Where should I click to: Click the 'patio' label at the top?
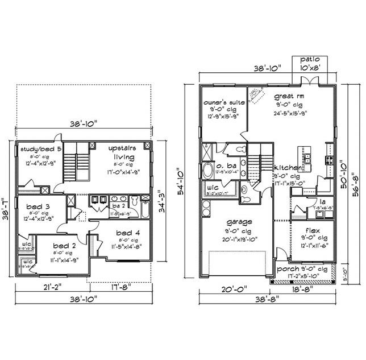[310, 59]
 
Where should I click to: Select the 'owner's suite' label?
[224, 102]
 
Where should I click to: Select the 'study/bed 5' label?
[40, 150]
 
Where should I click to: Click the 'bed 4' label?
[125, 233]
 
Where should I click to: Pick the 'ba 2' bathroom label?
[119, 206]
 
